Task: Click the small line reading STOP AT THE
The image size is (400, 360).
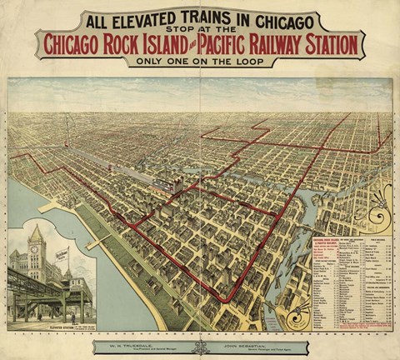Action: [x=200, y=32]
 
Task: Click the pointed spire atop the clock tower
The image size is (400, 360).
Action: [x=36, y=226]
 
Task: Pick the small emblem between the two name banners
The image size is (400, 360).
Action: [x=200, y=344]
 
